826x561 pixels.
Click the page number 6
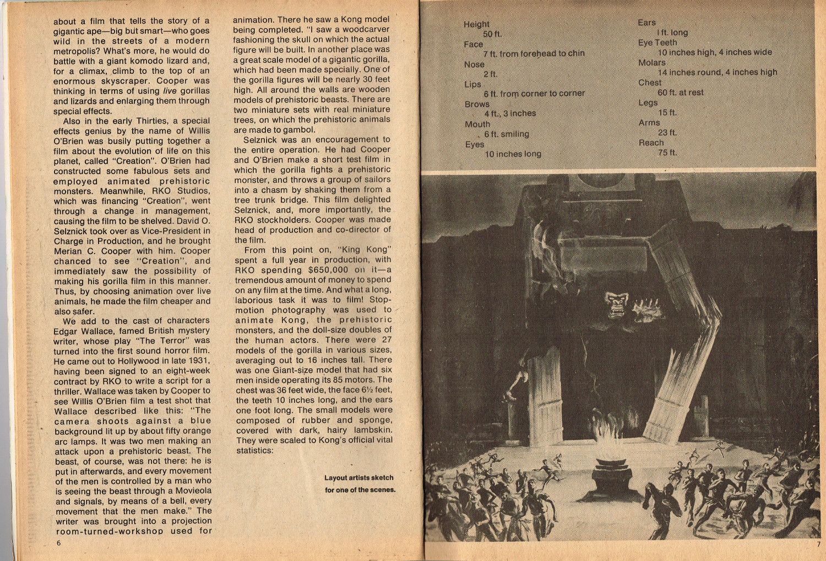pos(58,543)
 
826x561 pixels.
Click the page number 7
pos(818,544)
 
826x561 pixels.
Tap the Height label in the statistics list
pos(476,24)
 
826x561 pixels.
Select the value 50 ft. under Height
pos(492,34)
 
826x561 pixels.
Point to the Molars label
pos(651,63)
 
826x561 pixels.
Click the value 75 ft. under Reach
pos(667,153)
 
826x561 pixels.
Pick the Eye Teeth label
pos(657,42)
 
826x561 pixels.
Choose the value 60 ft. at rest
pos(680,93)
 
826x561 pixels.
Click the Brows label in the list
pos(477,104)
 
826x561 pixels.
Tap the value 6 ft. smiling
pos(506,134)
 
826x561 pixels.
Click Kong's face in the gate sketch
pos(616,304)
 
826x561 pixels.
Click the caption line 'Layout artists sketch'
pos(358,478)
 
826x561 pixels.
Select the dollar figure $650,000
pos(328,270)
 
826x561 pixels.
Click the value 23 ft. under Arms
pos(667,133)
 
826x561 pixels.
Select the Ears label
pos(646,23)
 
